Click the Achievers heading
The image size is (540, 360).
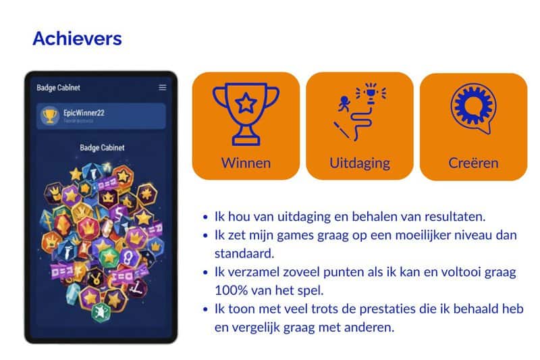pyautogui.click(x=77, y=38)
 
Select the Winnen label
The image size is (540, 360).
pyautogui.click(x=246, y=163)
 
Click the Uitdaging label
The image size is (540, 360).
pyautogui.click(x=360, y=163)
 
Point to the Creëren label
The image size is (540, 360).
pyautogui.click(x=473, y=163)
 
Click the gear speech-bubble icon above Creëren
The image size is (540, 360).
pyautogui.click(x=473, y=109)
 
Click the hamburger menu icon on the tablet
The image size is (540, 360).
pyautogui.click(x=162, y=87)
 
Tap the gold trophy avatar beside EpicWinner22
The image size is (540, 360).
pyautogui.click(x=50, y=115)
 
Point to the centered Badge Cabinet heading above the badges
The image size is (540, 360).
pyautogui.click(x=102, y=147)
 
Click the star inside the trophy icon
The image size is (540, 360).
pyautogui.click(x=246, y=103)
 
